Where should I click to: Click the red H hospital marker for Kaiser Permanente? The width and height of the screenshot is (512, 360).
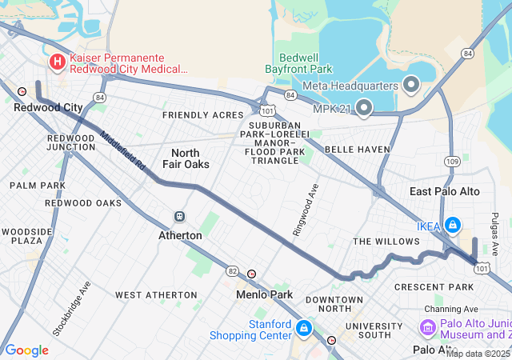[58, 62]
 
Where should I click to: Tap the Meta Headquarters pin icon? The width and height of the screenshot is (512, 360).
[412, 84]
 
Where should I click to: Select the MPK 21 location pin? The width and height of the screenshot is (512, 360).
[364, 106]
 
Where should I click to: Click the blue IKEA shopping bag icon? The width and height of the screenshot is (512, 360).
[453, 226]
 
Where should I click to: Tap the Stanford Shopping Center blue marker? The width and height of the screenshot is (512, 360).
[304, 328]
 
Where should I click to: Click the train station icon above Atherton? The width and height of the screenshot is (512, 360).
[180, 217]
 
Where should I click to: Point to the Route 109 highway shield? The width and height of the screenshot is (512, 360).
[452, 162]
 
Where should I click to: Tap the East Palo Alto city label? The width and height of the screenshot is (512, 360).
[444, 192]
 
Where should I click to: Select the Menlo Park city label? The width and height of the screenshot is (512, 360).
[264, 294]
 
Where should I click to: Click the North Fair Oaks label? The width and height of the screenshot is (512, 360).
[190, 158]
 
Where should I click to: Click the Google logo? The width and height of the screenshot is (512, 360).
[26, 350]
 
